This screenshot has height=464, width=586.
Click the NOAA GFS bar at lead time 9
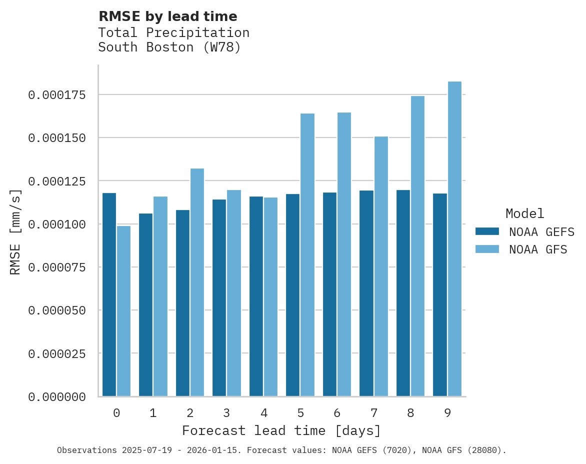tap(454, 239)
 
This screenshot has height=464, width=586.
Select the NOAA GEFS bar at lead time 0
tap(109, 294)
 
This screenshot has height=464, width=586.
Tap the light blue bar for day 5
tap(307, 255)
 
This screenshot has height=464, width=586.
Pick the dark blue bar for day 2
tap(182, 303)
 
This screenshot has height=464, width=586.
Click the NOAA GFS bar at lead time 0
tap(123, 311)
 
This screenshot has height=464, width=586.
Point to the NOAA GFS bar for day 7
tap(381, 266)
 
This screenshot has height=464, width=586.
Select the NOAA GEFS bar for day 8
tap(403, 293)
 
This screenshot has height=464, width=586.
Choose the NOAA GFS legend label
tap(538, 249)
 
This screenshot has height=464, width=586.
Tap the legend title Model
tap(524, 213)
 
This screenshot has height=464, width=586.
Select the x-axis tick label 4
tap(263, 413)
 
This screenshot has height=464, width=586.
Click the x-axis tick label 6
tap(337, 413)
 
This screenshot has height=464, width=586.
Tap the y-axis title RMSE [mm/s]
tap(15, 231)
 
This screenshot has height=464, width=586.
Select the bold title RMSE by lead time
tap(167, 16)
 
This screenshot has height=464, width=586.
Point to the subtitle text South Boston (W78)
tap(169, 47)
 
